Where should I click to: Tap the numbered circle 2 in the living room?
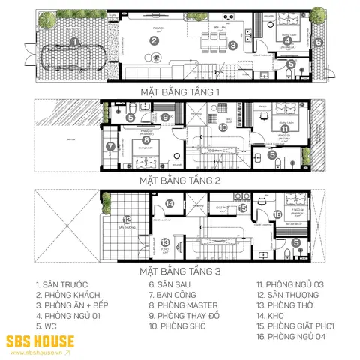coord(153,41)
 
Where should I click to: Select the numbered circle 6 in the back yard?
coord(318,43)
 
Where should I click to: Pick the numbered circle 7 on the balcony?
coord(109,146)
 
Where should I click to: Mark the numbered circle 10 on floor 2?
coord(223,127)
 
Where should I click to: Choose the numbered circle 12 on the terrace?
coord(127,220)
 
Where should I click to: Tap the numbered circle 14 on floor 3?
coord(170,203)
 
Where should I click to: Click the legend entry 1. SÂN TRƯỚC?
coord(61,286)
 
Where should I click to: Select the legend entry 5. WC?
coord(45,327)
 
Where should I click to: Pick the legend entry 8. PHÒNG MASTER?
coord(183,306)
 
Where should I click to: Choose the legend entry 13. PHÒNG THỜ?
coord(288,306)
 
